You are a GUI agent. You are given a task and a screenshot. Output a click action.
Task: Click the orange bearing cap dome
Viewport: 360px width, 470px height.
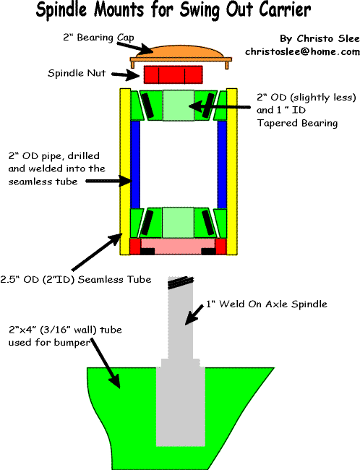tap(179, 52)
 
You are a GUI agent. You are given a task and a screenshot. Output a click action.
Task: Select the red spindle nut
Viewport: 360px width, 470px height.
tap(173, 75)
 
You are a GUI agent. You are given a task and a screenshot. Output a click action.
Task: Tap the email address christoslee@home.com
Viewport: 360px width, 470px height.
tap(302, 52)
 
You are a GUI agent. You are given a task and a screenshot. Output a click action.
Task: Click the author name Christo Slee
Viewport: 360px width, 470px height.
tap(320, 38)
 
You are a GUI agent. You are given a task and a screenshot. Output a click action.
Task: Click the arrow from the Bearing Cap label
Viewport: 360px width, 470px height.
tap(135, 47)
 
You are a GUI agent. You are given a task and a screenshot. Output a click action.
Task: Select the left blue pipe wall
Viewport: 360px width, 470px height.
tap(135, 164)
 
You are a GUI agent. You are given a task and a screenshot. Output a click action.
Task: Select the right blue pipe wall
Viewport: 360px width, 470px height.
tap(222, 164)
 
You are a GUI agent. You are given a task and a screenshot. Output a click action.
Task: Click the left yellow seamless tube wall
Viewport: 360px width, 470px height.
tap(125, 171)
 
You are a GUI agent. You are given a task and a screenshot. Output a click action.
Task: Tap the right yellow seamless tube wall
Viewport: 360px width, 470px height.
tap(232, 171)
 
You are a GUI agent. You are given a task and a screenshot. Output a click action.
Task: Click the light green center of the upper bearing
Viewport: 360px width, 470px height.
tap(179, 106)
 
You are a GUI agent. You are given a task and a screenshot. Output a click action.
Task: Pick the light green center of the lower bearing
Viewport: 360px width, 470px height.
tap(178, 223)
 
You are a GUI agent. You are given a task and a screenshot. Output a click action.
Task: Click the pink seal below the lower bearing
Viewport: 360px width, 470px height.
tap(178, 247)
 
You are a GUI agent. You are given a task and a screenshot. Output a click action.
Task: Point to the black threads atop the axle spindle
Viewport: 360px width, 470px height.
tap(181, 282)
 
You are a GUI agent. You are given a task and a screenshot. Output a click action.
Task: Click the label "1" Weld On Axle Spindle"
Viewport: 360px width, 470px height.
tap(267, 304)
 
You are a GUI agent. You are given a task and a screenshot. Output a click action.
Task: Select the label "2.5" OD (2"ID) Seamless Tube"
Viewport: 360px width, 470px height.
tap(75, 279)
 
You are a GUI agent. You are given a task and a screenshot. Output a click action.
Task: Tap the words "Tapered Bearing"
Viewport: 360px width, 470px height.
tap(297, 123)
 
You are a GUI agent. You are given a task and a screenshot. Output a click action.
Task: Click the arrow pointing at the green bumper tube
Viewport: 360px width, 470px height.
tap(106, 363)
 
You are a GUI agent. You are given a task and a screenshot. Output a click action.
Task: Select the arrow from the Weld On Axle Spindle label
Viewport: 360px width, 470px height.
tap(194, 315)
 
